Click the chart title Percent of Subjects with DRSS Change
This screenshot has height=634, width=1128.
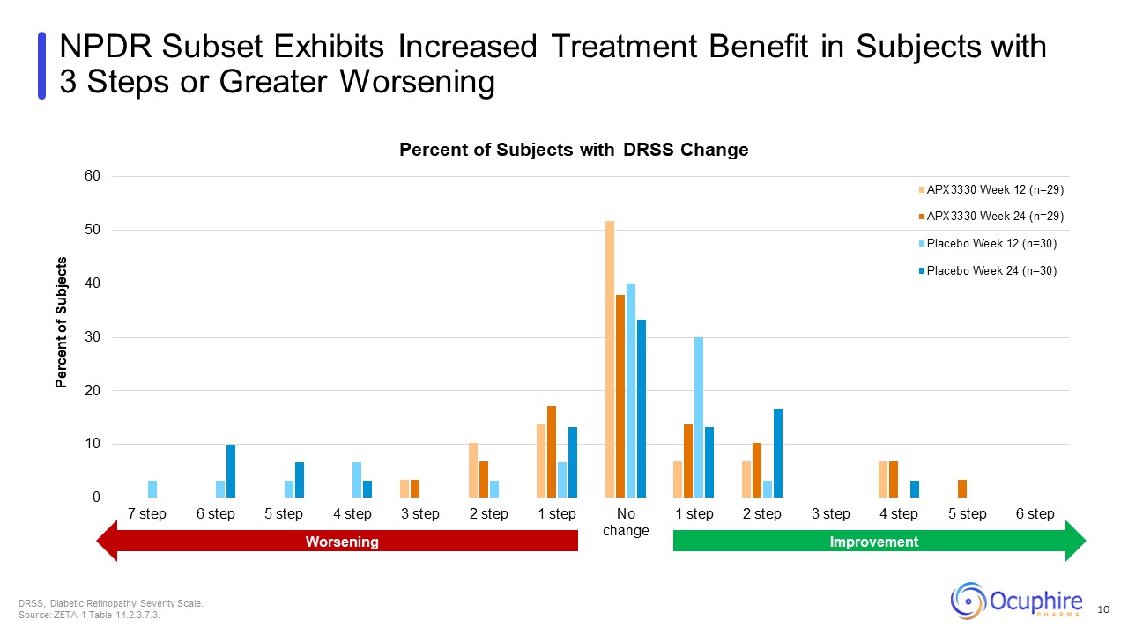(574, 150)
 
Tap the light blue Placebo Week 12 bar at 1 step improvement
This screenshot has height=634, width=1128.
(699, 417)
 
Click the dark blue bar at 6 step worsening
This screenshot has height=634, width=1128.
(231, 471)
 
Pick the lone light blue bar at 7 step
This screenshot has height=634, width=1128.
(152, 490)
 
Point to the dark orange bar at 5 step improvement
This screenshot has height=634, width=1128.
(962, 489)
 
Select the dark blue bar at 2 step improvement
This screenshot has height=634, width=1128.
(777, 453)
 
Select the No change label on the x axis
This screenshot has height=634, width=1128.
(626, 522)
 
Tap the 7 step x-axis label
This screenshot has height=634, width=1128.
(147, 514)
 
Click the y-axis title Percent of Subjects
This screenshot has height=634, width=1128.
(62, 322)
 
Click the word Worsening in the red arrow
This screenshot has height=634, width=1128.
(342, 542)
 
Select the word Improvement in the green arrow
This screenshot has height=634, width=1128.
(874, 542)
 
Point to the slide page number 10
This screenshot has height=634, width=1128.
(1102, 609)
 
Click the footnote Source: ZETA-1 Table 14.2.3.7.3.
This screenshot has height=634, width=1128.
(89, 615)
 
